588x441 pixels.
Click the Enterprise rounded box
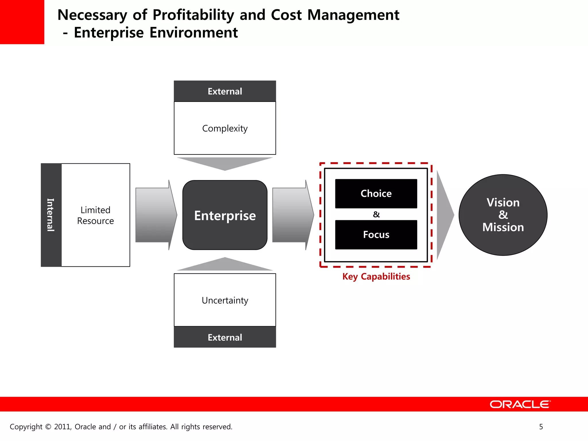click(x=225, y=215)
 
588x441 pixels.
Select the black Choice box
click(x=376, y=194)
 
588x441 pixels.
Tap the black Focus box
click(x=376, y=235)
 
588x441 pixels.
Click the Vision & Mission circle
click(x=503, y=215)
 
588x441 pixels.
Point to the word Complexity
click(x=225, y=128)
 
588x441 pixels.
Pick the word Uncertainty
click(x=225, y=300)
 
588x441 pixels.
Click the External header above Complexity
click(x=225, y=91)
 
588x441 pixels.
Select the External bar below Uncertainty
click(x=225, y=337)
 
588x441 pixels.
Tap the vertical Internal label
click(x=51, y=215)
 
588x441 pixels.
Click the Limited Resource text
click(x=95, y=215)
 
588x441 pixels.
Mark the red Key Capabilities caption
click(x=376, y=276)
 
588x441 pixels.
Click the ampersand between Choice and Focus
click(x=376, y=214)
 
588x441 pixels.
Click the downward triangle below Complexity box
click(x=225, y=163)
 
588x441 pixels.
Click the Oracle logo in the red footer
click(x=520, y=404)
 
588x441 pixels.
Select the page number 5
click(x=541, y=427)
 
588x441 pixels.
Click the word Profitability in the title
click(x=193, y=15)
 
